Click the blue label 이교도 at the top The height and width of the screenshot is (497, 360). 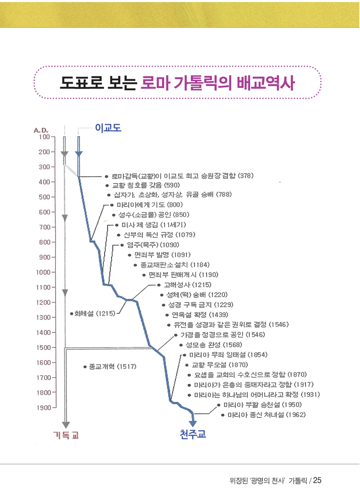(108, 128)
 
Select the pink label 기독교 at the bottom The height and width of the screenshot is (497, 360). (66, 435)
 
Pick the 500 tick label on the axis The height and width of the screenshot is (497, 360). (45, 197)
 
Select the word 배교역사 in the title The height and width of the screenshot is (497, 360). (266, 83)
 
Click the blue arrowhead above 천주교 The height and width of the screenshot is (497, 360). (193, 423)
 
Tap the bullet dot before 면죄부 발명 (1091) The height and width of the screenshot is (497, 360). (130, 255)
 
